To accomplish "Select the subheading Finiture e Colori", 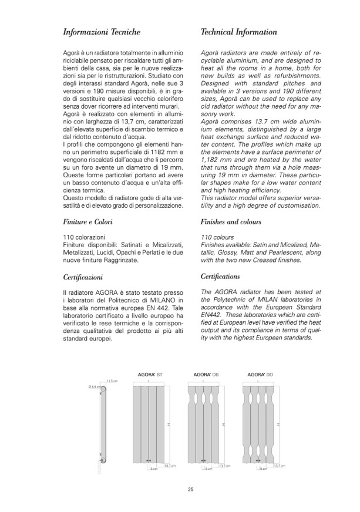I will [88, 222].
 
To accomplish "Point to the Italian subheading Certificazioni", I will [85, 276].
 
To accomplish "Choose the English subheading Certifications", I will [220, 276].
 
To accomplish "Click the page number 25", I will [191, 490].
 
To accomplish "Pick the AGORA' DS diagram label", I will [203, 374].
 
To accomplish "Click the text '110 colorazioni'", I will [84, 235].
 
